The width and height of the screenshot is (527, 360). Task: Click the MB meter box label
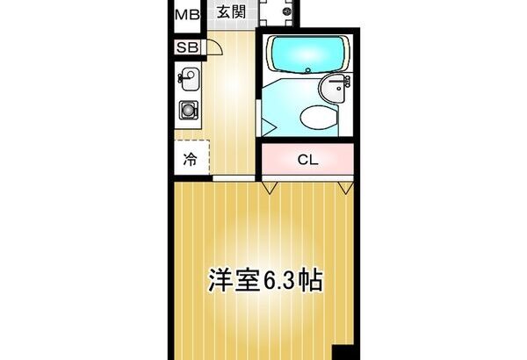click(x=188, y=15)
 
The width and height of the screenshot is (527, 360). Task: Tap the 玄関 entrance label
click(x=231, y=12)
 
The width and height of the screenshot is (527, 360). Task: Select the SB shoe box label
click(x=188, y=47)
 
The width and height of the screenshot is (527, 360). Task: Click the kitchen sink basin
click(x=190, y=79)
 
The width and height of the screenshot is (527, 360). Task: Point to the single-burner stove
click(x=188, y=110)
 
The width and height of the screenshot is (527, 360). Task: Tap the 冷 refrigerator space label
click(x=191, y=159)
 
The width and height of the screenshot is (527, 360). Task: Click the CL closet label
click(x=307, y=160)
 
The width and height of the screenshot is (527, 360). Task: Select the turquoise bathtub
click(x=308, y=54)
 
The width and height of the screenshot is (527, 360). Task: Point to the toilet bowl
click(x=319, y=117)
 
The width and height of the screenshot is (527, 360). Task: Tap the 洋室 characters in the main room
click(x=235, y=280)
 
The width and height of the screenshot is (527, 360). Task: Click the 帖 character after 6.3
click(x=312, y=280)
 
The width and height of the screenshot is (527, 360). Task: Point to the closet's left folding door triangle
click(x=270, y=188)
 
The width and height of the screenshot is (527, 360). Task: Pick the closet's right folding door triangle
click(x=345, y=188)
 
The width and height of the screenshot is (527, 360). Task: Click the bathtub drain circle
click(x=308, y=70)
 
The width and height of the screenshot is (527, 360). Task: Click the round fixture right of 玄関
click(x=288, y=11)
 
